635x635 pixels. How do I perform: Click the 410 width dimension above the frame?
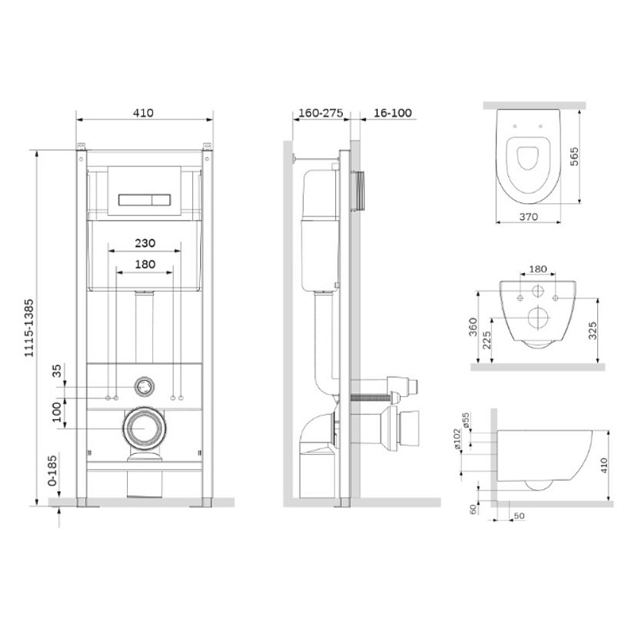tap(144, 113)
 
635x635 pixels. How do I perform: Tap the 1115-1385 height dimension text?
tap(29, 328)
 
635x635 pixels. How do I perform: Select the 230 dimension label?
tap(145, 243)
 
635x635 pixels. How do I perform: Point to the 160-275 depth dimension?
tap(321, 113)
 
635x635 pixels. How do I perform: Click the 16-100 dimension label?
tap(392, 113)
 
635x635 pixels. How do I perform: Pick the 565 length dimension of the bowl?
tap(574, 156)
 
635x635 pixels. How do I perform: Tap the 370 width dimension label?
tap(529, 217)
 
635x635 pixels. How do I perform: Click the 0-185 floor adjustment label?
tap(52, 471)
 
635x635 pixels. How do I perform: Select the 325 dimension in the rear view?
tap(592, 330)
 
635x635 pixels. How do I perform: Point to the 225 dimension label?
tap(487, 340)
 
